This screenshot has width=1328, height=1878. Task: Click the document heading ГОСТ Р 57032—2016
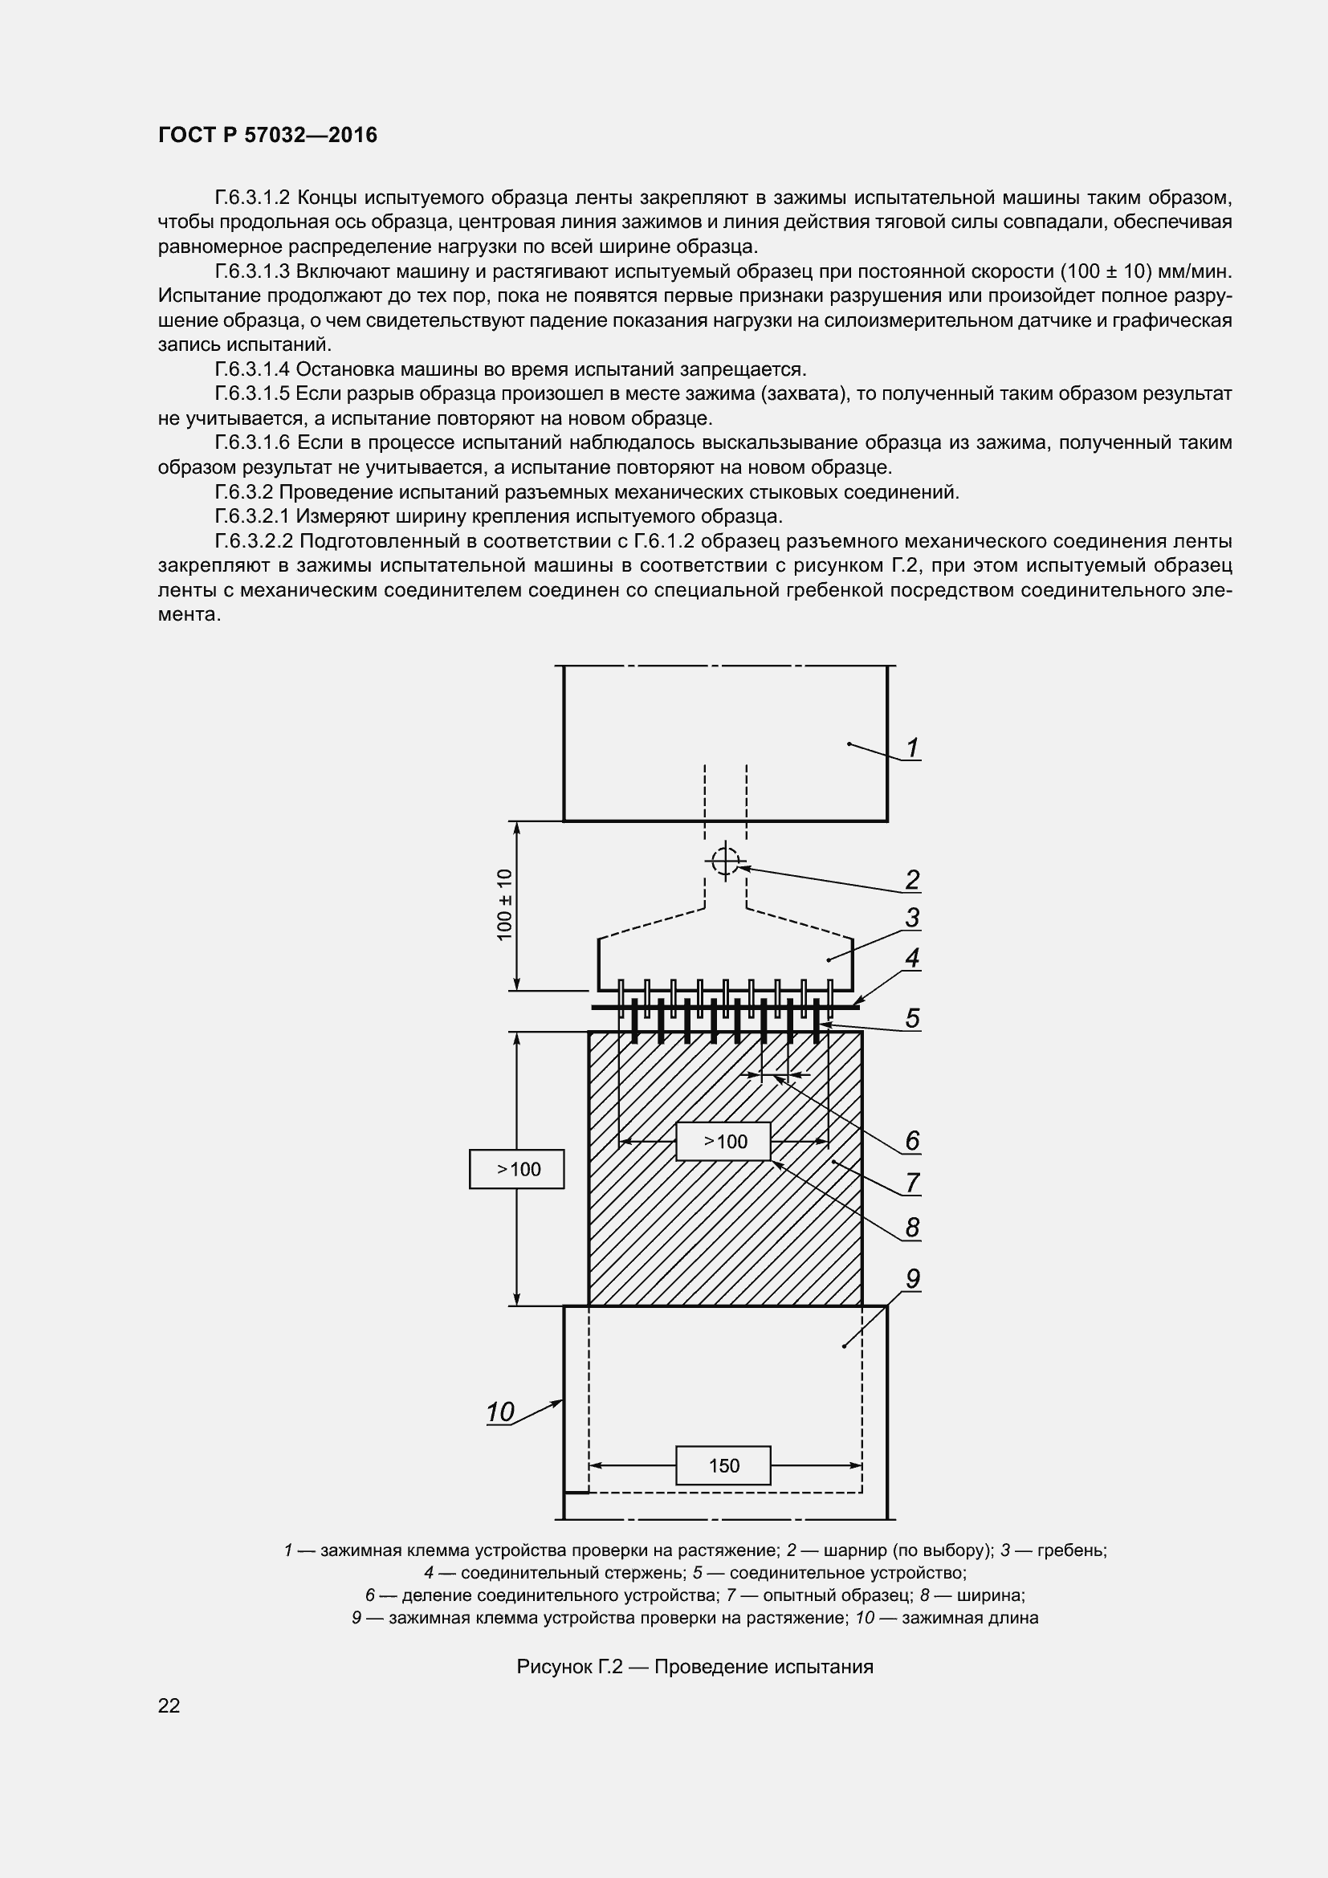(267, 135)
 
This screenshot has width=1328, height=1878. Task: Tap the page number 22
(169, 1705)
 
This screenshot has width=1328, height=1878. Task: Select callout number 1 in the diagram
(912, 748)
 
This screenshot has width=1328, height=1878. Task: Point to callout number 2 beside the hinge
(912, 880)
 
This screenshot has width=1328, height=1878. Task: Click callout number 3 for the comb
(912, 918)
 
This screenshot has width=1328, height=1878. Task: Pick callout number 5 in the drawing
(912, 1018)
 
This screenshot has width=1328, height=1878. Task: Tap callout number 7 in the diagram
(912, 1183)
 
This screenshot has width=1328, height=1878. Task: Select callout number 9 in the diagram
(912, 1278)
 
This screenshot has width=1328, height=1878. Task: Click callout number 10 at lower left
(499, 1412)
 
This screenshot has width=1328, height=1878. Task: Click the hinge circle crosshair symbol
(724, 862)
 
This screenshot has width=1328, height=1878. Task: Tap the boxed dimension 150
(723, 1466)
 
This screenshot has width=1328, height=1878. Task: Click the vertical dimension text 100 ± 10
(504, 905)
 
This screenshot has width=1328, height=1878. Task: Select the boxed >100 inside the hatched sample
(723, 1142)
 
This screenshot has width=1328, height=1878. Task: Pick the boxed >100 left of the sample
(517, 1170)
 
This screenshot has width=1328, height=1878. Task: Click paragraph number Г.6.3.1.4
(252, 369)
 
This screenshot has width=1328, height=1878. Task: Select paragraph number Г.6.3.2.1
(252, 517)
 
